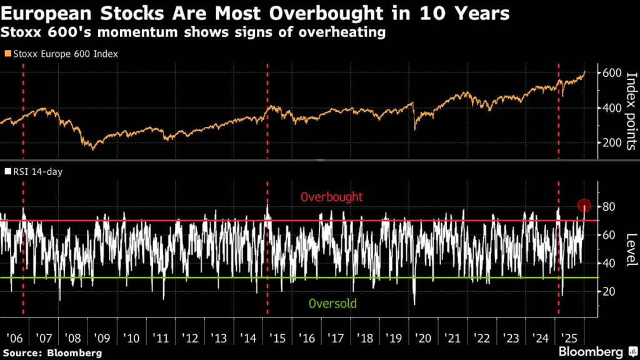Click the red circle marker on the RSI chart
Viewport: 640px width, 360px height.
584,206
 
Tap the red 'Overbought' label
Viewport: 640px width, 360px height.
332,197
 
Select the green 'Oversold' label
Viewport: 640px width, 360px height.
332,304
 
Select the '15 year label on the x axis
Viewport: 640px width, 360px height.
278,338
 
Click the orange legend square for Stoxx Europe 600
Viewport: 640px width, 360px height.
7,54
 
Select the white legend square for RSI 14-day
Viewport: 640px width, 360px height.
7,171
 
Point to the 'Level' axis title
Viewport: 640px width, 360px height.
630,249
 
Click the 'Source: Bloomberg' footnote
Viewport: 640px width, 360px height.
51,353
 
